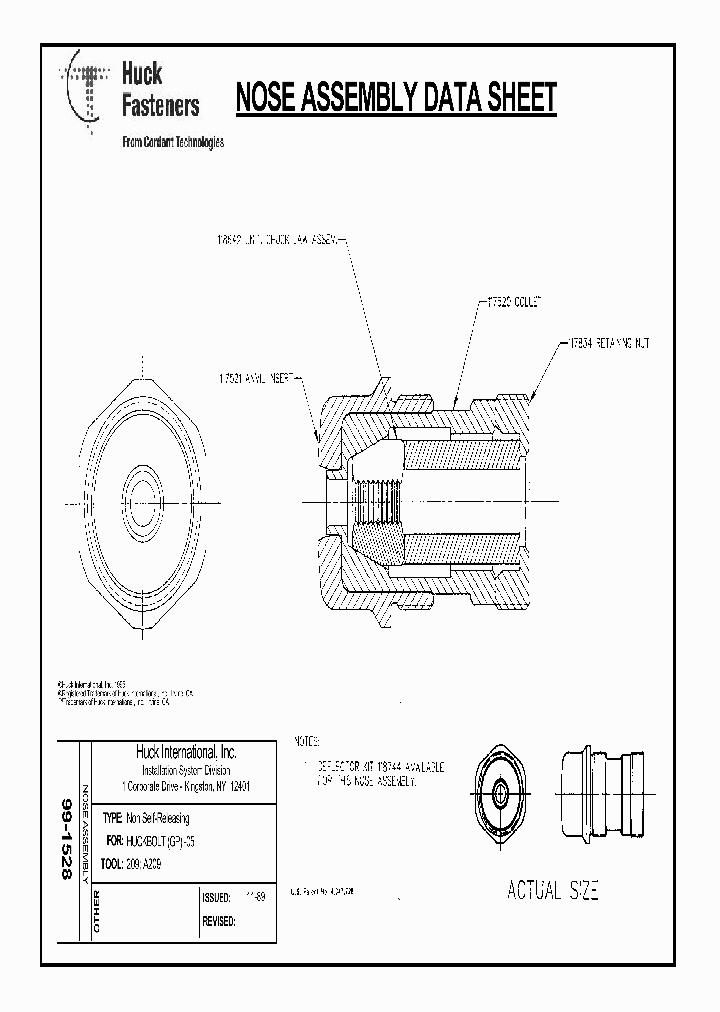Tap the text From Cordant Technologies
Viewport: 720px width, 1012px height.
point(172,142)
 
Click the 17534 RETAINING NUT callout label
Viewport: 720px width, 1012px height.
point(609,342)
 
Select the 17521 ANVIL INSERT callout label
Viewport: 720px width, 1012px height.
point(255,379)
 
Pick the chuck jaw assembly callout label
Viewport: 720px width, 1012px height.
point(280,240)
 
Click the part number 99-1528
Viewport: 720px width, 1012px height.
point(67,839)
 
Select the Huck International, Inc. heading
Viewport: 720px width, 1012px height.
point(186,752)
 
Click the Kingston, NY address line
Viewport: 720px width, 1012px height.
point(186,786)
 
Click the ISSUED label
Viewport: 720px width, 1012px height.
point(217,898)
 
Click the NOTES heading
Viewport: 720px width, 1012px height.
point(307,743)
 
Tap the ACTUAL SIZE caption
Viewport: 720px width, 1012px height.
point(552,891)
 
